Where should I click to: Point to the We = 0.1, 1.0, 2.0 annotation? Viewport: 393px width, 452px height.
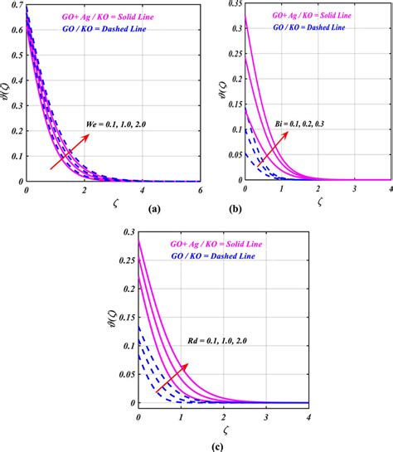[123, 127]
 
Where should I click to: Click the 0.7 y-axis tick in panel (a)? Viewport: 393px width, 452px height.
[17, 7]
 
